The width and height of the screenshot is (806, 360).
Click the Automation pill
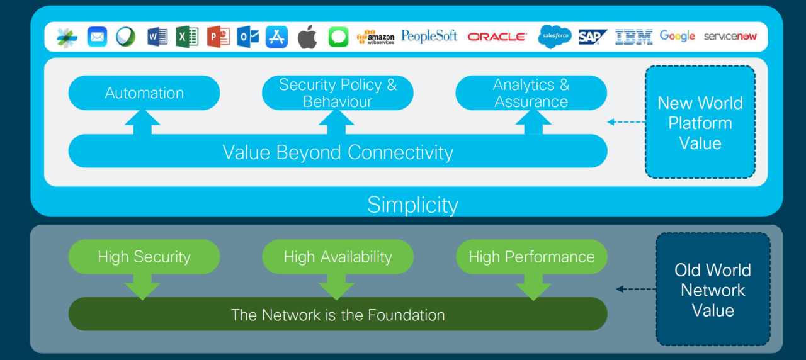pyautogui.click(x=144, y=93)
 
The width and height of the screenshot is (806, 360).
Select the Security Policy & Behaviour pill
pyautogui.click(x=338, y=93)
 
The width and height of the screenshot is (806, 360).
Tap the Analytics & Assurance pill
pyautogui.click(x=531, y=93)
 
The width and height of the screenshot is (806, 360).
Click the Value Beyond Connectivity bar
pyautogui.click(x=338, y=152)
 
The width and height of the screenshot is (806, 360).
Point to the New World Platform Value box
pyautogui.click(x=700, y=123)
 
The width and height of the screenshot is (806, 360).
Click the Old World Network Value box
pyautogui.click(x=713, y=290)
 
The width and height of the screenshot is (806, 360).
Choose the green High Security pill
pyautogui.click(x=144, y=257)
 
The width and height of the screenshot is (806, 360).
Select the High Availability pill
pyautogui.click(x=338, y=257)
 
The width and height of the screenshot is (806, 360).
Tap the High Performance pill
pyautogui.click(x=531, y=257)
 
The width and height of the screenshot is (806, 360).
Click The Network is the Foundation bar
pyautogui.click(x=338, y=315)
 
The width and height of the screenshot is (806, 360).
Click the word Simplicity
pyautogui.click(x=412, y=205)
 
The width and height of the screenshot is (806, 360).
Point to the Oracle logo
pyautogui.click(x=497, y=37)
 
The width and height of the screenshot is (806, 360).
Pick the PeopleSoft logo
pyautogui.click(x=429, y=37)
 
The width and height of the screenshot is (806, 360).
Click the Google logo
pyautogui.click(x=678, y=37)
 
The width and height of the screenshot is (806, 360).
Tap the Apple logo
pyautogui.click(x=307, y=37)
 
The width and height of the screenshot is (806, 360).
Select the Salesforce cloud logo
pyautogui.click(x=555, y=37)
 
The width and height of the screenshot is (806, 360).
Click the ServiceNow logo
pyautogui.click(x=730, y=37)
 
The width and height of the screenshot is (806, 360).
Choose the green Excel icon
pyautogui.click(x=187, y=37)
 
